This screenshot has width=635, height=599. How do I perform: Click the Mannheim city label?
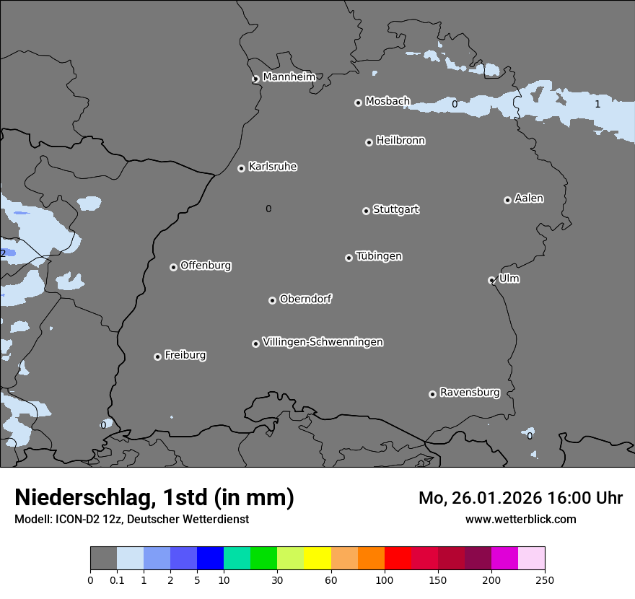pyautogui.click(x=289, y=76)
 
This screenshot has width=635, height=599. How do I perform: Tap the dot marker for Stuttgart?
pyautogui.click(x=366, y=211)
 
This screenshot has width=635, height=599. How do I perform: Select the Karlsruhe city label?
pyautogui.click(x=273, y=167)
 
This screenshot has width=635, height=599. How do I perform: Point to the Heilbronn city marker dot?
pyautogui.click(x=369, y=142)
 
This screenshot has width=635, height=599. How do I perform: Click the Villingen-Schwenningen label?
pyautogui.click(x=323, y=342)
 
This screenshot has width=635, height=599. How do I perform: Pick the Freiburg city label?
pyautogui.click(x=185, y=355)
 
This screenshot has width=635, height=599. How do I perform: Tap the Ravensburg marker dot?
pyautogui.click(x=432, y=394)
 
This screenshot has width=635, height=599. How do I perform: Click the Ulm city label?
pyautogui.click(x=509, y=279)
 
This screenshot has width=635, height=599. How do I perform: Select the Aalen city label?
pyautogui.click(x=529, y=198)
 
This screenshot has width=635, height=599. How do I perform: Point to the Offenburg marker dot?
pyautogui.click(x=173, y=267)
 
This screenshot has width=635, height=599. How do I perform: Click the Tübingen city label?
pyautogui.click(x=379, y=256)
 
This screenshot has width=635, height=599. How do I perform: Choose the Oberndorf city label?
pyautogui.click(x=305, y=299)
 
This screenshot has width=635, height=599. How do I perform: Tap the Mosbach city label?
pyautogui.click(x=387, y=102)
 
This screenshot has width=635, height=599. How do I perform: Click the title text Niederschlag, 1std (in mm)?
pyautogui.click(x=154, y=497)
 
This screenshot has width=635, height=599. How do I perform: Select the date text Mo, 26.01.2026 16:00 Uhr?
pyautogui.click(x=520, y=498)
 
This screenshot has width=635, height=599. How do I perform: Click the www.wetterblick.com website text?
pyautogui.click(x=520, y=519)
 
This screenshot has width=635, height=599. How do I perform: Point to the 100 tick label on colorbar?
pyautogui.click(x=385, y=580)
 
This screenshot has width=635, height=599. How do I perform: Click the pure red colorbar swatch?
pyautogui.click(x=398, y=559)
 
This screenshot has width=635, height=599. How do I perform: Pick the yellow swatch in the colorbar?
pyautogui.click(x=317, y=559)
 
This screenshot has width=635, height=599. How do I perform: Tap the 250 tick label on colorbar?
pyautogui.click(x=545, y=580)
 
